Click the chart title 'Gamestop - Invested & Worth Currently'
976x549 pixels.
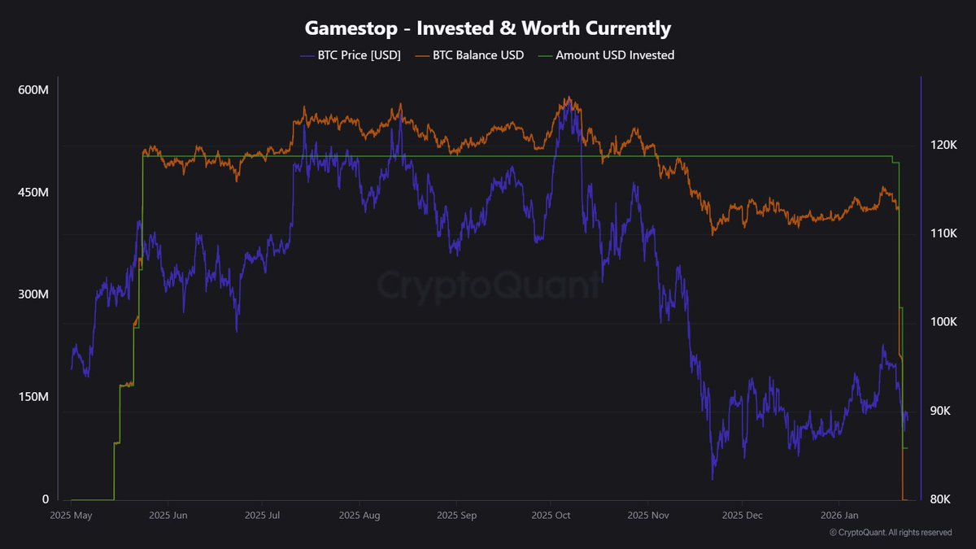coord(488,28)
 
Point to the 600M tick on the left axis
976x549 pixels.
coord(33,90)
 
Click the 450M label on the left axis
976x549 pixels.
coord(33,193)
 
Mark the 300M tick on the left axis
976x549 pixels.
coord(33,294)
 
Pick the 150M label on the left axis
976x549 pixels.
coord(33,397)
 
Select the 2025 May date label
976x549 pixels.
coord(72,516)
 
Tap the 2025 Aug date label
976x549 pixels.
coord(359,516)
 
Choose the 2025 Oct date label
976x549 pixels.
coord(551,516)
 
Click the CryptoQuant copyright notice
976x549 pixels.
coord(891,533)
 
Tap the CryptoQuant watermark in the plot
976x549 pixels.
coord(488,285)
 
